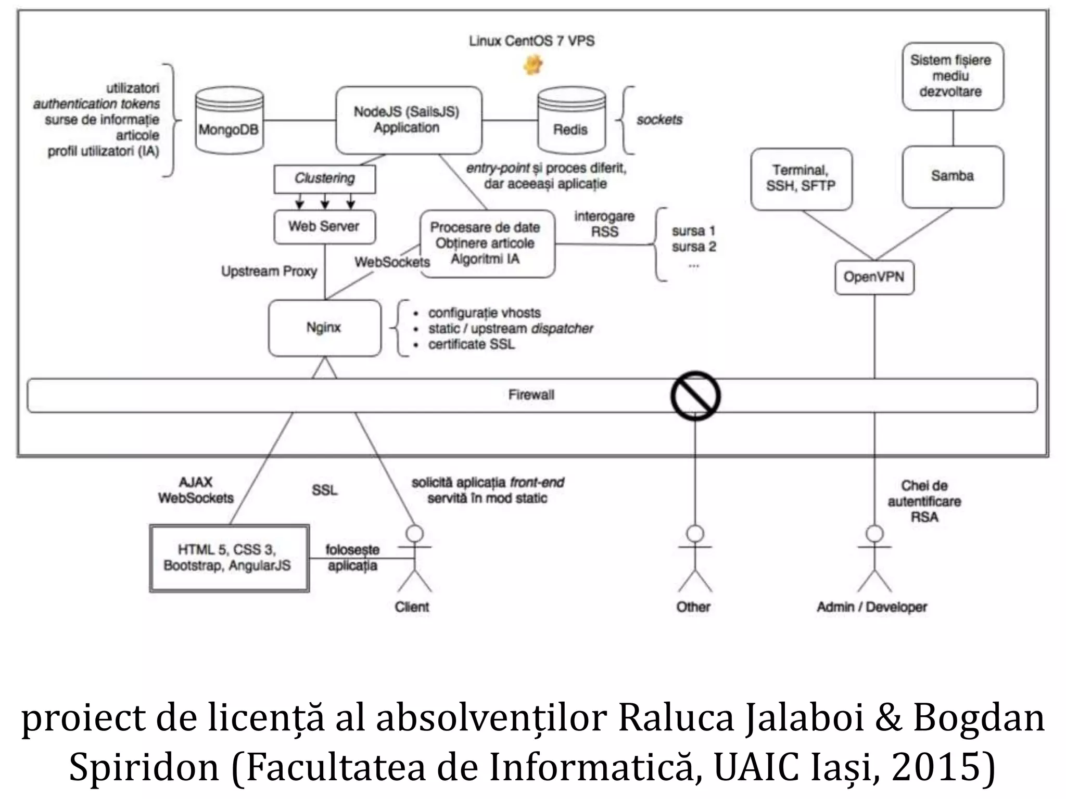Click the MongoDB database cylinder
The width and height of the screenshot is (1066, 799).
[x=229, y=121]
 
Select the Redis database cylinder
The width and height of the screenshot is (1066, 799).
[x=571, y=121]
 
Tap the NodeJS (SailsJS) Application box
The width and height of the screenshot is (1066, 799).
[x=408, y=120]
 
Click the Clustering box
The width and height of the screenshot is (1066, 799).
[x=324, y=178]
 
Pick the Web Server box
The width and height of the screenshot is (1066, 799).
[x=324, y=226]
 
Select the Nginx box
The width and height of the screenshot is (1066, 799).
[x=324, y=328]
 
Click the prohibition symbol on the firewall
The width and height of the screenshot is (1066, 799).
[x=695, y=396]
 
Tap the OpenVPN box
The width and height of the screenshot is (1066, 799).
[x=874, y=277]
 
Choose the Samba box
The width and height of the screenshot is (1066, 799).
[x=952, y=176]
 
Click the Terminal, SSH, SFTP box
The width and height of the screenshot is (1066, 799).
[x=801, y=178]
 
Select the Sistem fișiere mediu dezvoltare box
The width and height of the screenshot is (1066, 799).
[x=952, y=76]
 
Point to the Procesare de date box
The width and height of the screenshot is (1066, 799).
[x=487, y=243]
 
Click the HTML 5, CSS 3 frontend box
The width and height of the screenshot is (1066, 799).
[x=229, y=558]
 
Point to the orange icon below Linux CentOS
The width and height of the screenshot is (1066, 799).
[x=532, y=66]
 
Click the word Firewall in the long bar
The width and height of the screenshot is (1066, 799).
[x=531, y=395]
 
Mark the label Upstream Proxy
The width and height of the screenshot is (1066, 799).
[x=269, y=272]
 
